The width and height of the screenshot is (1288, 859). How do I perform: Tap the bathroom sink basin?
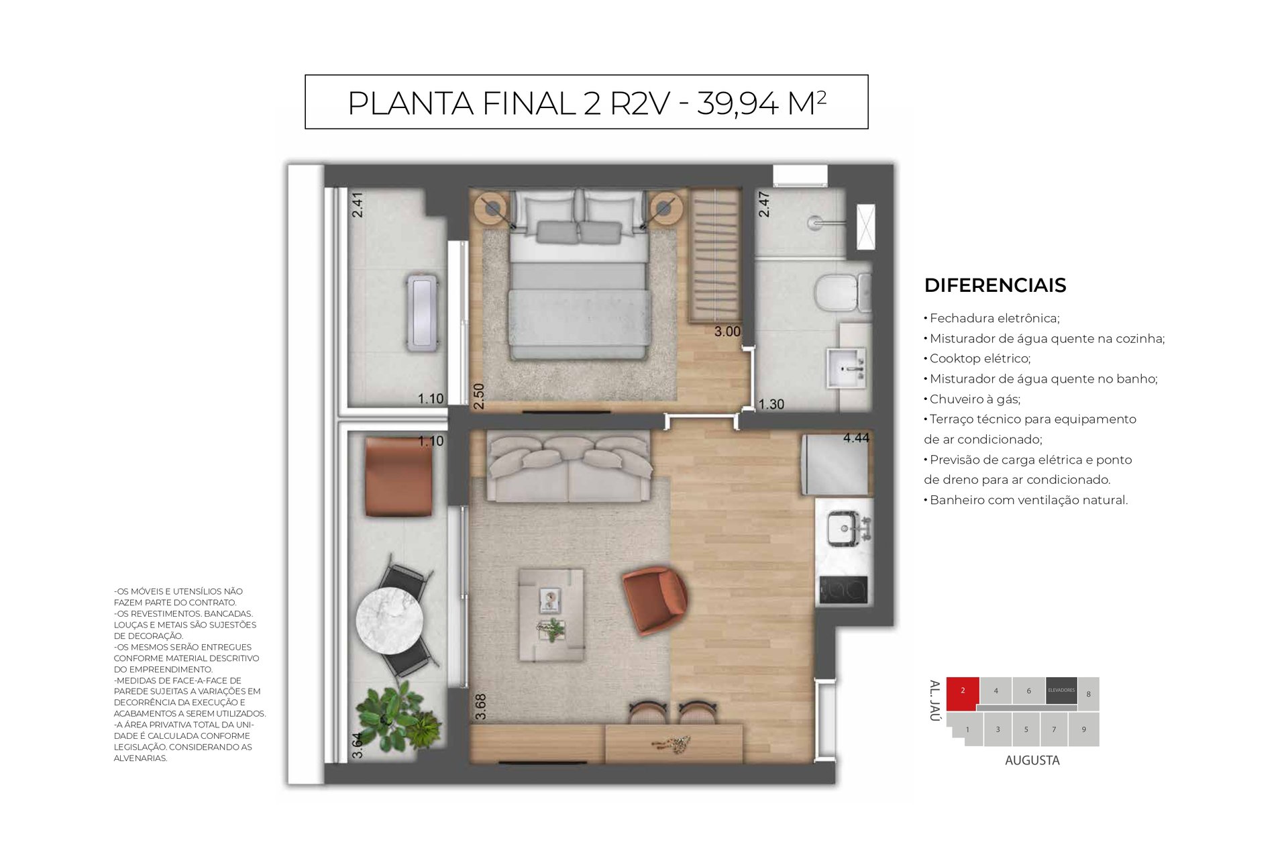pos(848,367)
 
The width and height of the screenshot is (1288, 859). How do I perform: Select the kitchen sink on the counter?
pos(845,528)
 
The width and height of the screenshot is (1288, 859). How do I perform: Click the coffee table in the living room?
pos(551,615)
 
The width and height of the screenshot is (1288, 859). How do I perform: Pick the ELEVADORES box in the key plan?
pos(1061,691)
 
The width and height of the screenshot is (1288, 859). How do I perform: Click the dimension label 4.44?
pos(856,438)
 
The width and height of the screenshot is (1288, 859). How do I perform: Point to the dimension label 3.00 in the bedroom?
pos(727,332)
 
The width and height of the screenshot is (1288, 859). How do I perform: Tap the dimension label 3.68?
pos(480,707)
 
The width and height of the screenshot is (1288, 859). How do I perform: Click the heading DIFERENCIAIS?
pos(995,285)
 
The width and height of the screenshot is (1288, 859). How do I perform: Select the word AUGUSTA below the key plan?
pos(1032,760)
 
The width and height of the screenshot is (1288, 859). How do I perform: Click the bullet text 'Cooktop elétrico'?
pos(979,358)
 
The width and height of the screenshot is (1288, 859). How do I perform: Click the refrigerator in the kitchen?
pos(835,463)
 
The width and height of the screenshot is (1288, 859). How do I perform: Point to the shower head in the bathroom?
pos(816,219)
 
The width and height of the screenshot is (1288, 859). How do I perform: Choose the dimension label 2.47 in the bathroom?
pos(763,204)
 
